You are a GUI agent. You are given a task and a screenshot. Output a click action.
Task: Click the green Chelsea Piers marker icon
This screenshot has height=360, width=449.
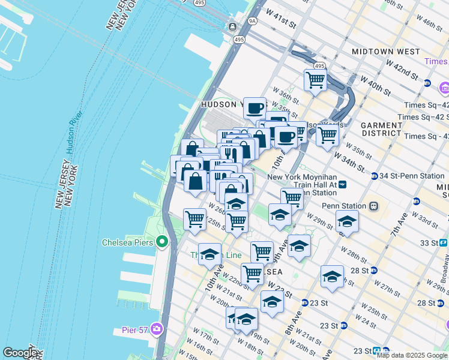(161, 242)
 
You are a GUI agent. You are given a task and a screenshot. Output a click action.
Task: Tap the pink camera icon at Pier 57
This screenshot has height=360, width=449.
(157, 329)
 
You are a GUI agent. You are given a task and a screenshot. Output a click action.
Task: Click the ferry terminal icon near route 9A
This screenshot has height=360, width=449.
(233, 26)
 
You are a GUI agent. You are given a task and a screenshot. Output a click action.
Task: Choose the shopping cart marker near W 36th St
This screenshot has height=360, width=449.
(315, 80)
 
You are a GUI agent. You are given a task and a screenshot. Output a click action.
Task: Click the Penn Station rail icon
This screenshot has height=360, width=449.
(373, 206)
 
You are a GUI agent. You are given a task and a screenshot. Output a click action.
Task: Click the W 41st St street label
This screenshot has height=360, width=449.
(283, 24)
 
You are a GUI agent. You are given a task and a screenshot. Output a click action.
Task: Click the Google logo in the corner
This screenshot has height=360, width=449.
(19, 353)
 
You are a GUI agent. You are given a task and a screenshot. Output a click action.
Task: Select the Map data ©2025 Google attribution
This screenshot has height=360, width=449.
(412, 355)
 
